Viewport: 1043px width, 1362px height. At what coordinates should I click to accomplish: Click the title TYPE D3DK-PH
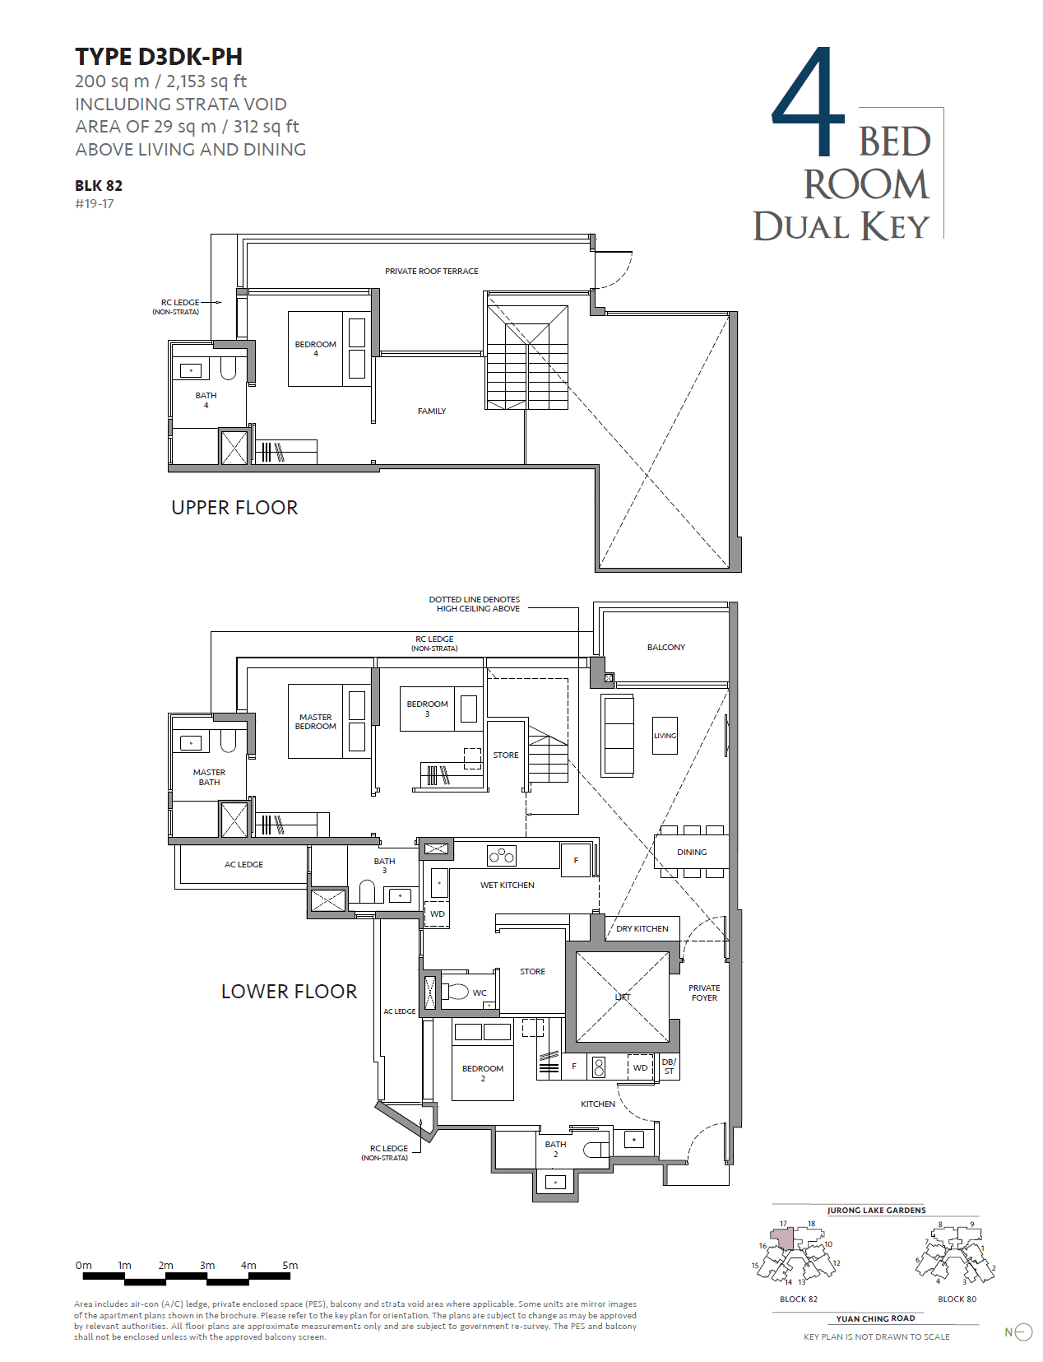[x=159, y=57]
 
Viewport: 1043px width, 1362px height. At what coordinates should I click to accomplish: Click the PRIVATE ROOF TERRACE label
[x=431, y=271]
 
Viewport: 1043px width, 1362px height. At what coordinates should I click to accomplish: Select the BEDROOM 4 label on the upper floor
[x=315, y=348]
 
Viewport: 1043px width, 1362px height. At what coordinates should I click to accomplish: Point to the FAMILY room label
[x=431, y=411]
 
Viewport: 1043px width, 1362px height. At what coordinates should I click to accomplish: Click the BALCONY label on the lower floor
[x=665, y=647]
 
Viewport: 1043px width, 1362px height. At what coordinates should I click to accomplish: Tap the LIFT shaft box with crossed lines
[x=623, y=997]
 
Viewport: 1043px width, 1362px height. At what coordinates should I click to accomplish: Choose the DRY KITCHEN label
[x=642, y=928]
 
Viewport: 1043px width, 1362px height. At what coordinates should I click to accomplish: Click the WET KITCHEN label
[x=507, y=885]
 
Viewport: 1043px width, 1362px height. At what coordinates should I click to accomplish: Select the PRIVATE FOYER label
[x=704, y=992]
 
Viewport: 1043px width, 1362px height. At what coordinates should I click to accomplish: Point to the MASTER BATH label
[x=209, y=777]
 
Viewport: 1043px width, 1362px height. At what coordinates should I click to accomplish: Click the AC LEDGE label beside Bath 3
[x=243, y=864]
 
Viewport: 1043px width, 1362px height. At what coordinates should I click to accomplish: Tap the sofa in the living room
[x=619, y=735]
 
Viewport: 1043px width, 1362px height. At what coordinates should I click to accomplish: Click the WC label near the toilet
[x=480, y=992]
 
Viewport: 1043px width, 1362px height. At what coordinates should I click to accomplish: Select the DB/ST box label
[x=669, y=1067]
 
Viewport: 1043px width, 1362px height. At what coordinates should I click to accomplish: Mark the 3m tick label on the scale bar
[x=207, y=1265]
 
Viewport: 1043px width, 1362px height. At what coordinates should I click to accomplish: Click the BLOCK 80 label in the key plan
[x=957, y=1299]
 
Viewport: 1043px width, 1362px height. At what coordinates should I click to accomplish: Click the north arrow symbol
[x=1022, y=1332]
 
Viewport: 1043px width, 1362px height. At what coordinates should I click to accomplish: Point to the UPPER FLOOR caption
[x=234, y=508]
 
